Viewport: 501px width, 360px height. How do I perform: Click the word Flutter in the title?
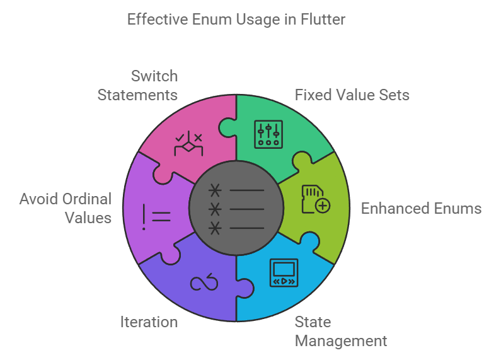click(x=323, y=20)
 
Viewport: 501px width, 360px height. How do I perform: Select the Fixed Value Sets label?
click(x=352, y=95)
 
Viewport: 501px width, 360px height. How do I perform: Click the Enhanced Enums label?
click(x=421, y=209)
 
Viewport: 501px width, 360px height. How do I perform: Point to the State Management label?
click(x=341, y=332)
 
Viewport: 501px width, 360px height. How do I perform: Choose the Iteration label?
click(x=149, y=322)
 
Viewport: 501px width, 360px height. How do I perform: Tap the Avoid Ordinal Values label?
click(x=66, y=209)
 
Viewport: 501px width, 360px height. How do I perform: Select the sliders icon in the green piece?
click(x=269, y=132)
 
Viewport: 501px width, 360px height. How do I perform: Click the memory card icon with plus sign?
click(x=317, y=199)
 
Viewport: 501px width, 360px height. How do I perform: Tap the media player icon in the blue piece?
click(x=282, y=272)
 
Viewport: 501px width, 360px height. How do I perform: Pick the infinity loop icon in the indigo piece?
click(x=204, y=284)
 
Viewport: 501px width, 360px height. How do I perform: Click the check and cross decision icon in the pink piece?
click(x=188, y=145)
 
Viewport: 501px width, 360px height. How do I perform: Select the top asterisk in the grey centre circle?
click(x=216, y=190)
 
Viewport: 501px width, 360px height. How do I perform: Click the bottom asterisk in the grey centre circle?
click(x=216, y=228)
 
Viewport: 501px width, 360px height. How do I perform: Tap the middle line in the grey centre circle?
click(x=247, y=209)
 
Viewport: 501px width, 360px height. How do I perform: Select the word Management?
click(x=341, y=341)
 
